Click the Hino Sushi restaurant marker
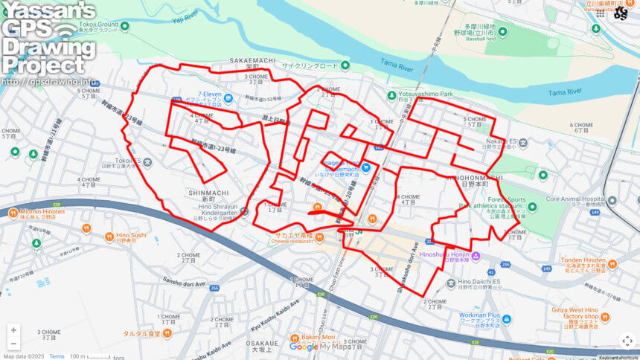88,228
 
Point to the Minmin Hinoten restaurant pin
13,213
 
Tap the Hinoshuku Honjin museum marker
476,257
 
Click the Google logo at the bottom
304,347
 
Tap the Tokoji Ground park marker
124,26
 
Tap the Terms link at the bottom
57,356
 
